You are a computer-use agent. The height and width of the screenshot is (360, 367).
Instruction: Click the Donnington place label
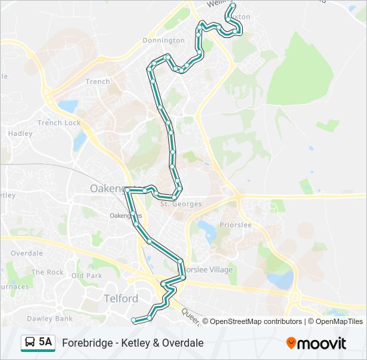click(163, 41)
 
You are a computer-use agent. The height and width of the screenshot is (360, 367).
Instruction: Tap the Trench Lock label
click(59, 123)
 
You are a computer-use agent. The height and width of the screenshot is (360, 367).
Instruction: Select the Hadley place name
click(20, 133)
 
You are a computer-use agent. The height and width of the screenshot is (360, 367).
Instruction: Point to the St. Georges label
click(176, 204)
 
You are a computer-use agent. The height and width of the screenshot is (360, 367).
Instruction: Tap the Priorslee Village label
click(208, 270)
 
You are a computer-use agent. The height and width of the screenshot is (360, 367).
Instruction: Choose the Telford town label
click(121, 298)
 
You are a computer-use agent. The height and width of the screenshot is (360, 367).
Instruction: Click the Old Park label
click(87, 275)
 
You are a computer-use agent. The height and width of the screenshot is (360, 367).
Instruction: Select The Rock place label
click(47, 272)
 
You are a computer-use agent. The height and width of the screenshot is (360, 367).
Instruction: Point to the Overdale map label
click(27, 253)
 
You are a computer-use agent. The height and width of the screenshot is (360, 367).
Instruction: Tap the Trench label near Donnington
click(97, 82)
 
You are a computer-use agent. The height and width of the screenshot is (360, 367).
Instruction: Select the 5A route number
click(45, 343)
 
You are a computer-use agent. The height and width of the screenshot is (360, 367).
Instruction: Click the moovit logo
click(316, 343)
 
